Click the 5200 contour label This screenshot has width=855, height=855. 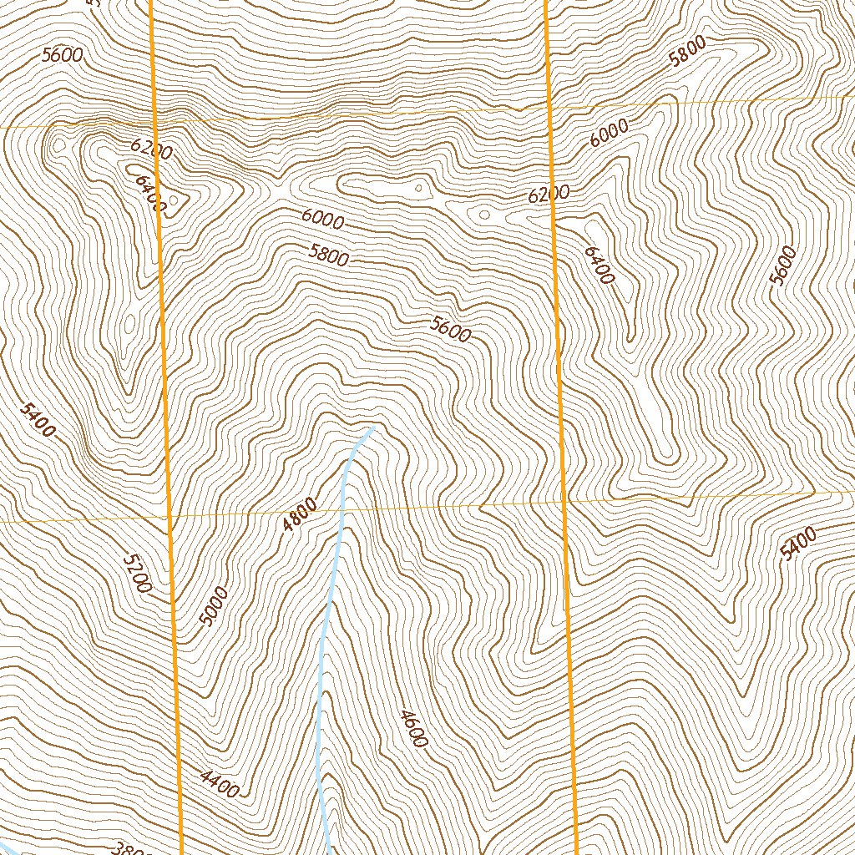click(137, 574)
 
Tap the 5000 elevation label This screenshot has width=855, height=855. click(214, 607)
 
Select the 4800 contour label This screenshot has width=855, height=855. click(300, 514)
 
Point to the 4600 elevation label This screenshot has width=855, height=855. click(414, 728)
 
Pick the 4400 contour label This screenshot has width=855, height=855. click(220, 784)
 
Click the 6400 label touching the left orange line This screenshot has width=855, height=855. click(150, 193)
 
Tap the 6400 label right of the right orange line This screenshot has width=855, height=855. click(600, 265)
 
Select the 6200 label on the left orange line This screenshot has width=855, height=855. click(152, 149)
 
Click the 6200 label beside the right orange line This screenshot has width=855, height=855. click(549, 195)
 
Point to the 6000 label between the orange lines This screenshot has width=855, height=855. click(323, 220)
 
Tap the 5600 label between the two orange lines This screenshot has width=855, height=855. click(451, 330)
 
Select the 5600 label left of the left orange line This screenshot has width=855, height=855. click(62, 56)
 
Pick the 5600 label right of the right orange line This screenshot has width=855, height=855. click(784, 266)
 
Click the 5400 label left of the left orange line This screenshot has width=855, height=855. click(38, 420)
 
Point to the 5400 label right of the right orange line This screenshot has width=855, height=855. click(798, 546)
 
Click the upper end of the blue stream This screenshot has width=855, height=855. click(370, 428)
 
